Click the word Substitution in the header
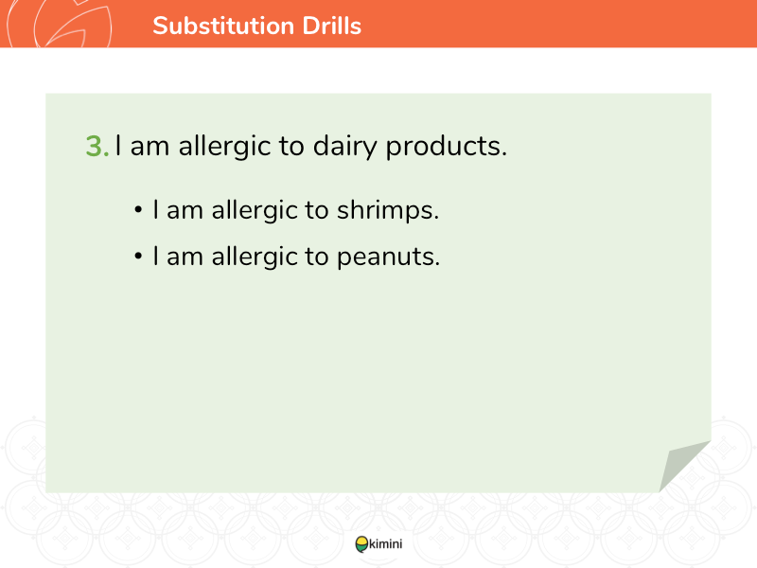click(223, 26)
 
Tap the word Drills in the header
click(332, 26)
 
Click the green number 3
click(97, 146)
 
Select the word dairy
click(344, 147)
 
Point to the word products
click(446, 147)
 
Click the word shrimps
click(388, 210)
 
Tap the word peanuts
click(388, 257)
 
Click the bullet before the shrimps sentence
click(138, 210)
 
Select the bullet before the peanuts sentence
click(138, 256)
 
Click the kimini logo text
click(385, 543)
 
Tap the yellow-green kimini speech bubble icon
click(361, 544)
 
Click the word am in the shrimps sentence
click(185, 211)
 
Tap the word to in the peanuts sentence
click(317, 257)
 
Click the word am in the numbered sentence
click(150, 147)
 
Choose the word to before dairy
click(291, 147)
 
